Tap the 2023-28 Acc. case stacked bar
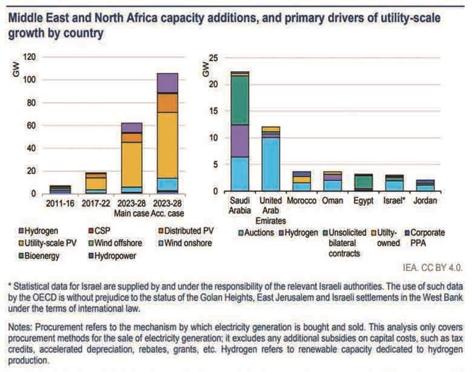tap(167, 133)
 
